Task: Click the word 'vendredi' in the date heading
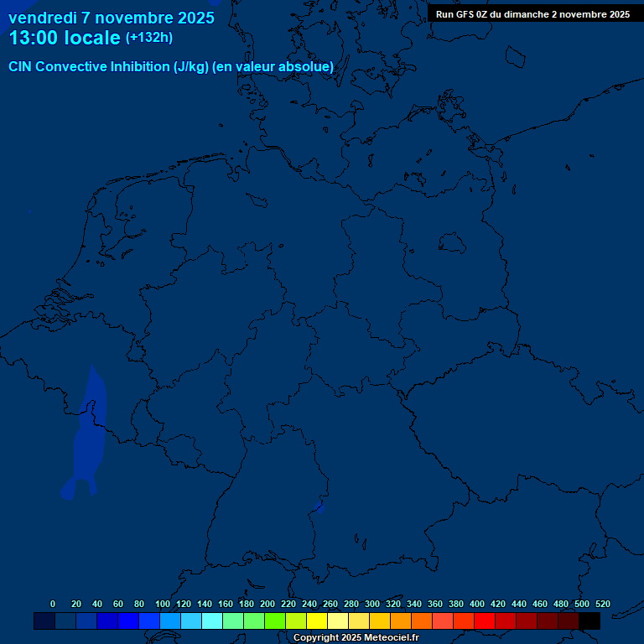42,18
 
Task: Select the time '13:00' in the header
34,39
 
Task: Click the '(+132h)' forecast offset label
149,38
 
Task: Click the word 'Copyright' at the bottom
315,638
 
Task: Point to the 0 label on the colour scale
53,604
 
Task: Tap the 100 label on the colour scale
163,604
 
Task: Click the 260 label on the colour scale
330,604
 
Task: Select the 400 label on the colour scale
477,604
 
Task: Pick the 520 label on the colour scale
602,604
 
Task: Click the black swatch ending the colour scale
589,621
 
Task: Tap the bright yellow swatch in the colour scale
317,621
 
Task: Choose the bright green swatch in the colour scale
275,621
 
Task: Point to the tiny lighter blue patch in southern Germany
319,505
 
